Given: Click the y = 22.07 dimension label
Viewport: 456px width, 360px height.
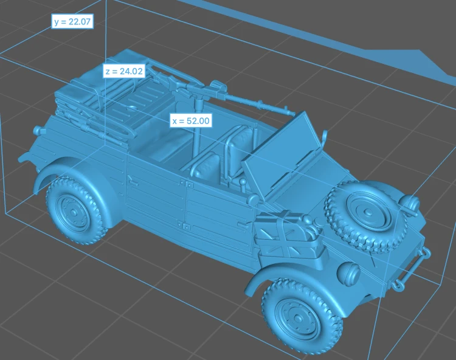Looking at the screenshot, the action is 72,21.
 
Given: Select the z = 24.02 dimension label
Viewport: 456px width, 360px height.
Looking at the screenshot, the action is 124,71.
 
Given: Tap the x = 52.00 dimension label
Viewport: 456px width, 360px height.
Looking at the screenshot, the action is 191,120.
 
